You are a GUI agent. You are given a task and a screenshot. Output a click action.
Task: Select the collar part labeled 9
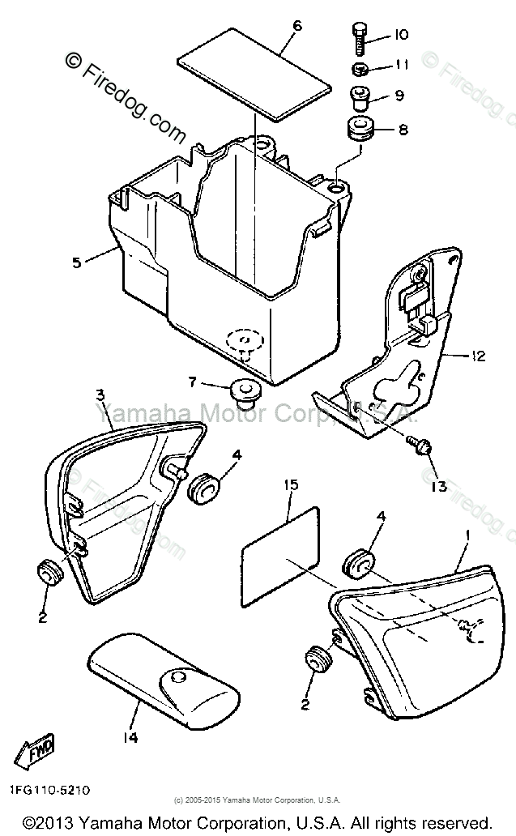pyautogui.click(x=359, y=97)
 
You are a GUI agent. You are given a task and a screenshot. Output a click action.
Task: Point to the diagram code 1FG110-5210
pyautogui.click(x=50, y=788)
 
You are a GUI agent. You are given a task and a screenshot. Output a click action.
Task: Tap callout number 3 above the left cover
pyautogui.click(x=100, y=395)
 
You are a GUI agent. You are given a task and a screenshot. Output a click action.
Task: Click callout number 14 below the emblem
pyautogui.click(x=133, y=737)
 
